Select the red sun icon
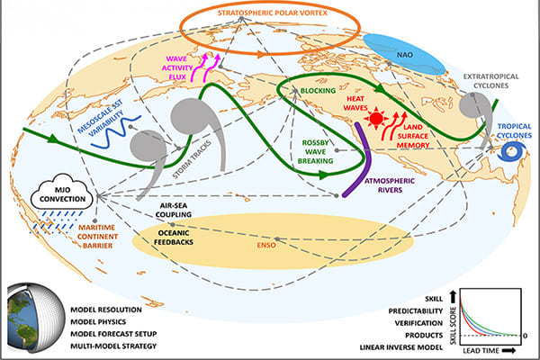pos(375,119)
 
